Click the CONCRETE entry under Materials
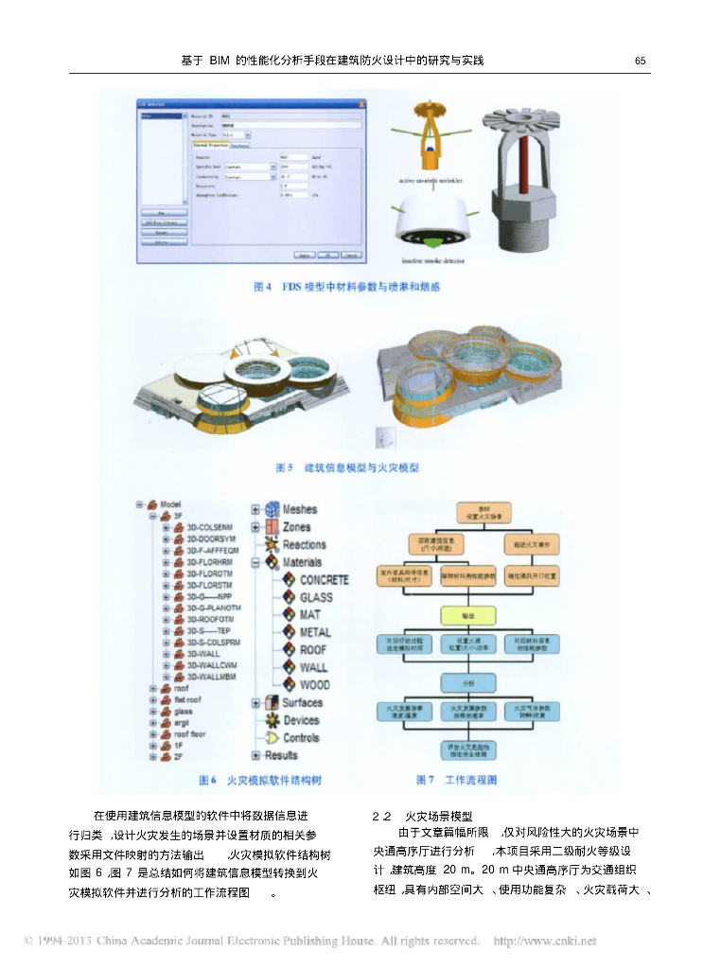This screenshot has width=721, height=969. pos(324,579)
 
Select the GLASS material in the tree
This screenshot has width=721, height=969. pos(316,597)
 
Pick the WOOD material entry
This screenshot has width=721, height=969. pos(315,684)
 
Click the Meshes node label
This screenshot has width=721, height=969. pos(300,509)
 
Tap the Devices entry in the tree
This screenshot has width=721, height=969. pos(301,720)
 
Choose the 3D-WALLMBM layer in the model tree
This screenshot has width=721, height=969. pos(211,676)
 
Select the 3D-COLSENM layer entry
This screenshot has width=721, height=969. pos(211,527)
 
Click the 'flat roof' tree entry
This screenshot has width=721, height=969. pos(189,700)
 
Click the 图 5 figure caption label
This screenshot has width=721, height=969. pos(284,467)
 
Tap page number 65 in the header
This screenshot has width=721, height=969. pos(641,61)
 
